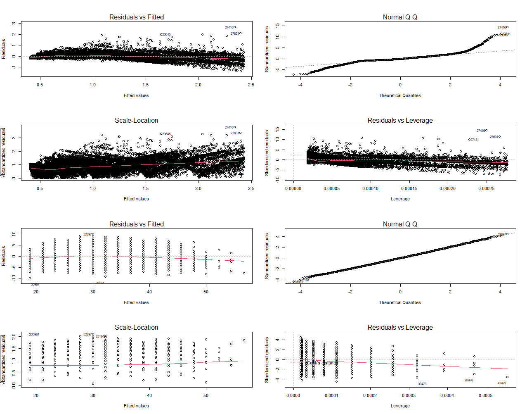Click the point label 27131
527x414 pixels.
[x=475, y=140]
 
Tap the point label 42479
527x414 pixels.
[x=502, y=383]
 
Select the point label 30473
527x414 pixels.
[x=422, y=384]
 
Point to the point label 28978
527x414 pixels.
[x=469, y=380]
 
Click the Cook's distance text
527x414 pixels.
[x=322, y=363]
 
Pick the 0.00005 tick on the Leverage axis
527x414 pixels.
[x=332, y=188]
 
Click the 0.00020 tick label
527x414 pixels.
[x=447, y=188]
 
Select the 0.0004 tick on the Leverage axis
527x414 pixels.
[x=447, y=395]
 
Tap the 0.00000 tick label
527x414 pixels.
[x=293, y=188]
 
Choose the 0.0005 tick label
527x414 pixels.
[x=486, y=395]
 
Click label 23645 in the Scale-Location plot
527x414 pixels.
[x=166, y=134]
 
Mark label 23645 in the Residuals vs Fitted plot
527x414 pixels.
[x=166, y=34]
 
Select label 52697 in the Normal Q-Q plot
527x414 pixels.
[x=502, y=234]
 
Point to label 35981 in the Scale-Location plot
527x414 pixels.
[x=35, y=334]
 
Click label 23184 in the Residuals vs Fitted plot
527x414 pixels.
[x=100, y=283]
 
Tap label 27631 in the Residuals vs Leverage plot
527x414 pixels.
[x=494, y=137]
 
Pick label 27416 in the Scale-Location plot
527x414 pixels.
[x=229, y=127]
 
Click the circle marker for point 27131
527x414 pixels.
[x=469, y=140]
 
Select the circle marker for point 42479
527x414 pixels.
[x=508, y=377]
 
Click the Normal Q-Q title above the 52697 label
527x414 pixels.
[x=400, y=224]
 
